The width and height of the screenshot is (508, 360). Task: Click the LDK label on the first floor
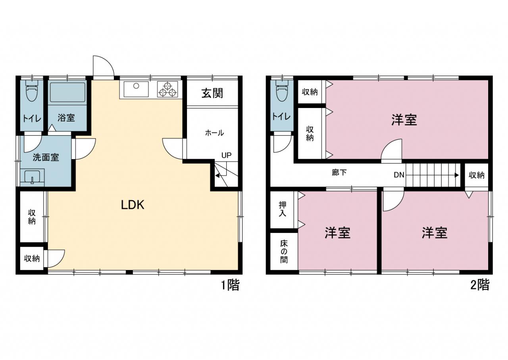point(133,205)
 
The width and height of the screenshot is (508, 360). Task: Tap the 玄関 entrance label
point(212,93)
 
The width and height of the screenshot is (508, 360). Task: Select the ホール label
point(214,133)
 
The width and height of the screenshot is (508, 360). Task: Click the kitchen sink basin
point(136,89)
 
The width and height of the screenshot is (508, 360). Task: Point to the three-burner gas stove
point(167,89)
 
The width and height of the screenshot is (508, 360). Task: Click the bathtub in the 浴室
point(67,92)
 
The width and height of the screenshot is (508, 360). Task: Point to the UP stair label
point(226,155)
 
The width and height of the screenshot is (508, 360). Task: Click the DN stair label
point(399,175)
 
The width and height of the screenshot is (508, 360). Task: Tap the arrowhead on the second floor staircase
point(457,175)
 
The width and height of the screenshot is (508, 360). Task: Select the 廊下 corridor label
point(339,173)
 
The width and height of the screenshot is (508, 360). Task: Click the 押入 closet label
point(283,209)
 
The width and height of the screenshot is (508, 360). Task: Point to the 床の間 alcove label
point(284,252)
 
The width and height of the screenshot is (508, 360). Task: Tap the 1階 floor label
point(230,285)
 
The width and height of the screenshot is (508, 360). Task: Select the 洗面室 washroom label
point(46,157)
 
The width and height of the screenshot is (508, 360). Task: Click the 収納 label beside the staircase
point(477,175)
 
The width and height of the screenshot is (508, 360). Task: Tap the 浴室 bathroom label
point(66,118)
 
